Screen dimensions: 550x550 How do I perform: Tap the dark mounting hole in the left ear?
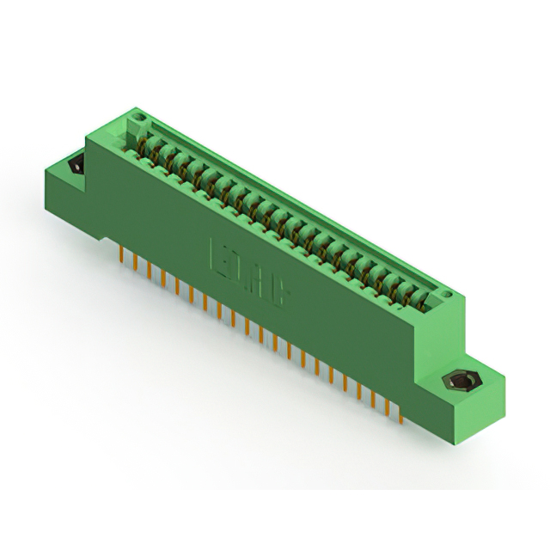pos(74,162)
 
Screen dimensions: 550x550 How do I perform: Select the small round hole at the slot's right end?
pos(446,296)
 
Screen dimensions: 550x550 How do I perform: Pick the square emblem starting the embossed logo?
pos(221,258)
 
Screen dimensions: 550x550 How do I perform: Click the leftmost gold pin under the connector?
pos(121,256)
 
